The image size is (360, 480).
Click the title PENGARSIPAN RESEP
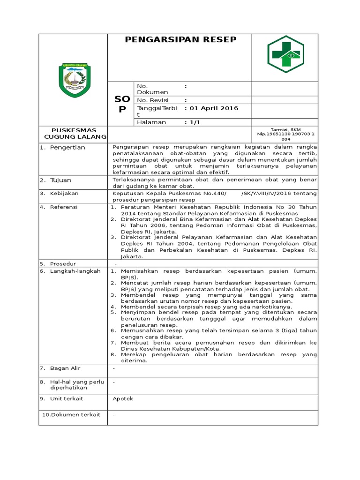180,40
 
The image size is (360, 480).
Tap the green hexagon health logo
285,54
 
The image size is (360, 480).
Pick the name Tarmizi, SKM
285,129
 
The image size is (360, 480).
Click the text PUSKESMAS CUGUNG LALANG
74,134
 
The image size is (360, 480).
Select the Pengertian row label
68,147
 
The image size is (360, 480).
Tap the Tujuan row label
61,180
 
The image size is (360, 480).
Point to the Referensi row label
64,207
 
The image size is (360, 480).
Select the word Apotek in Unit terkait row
123,398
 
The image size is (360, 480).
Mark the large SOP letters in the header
122,104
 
